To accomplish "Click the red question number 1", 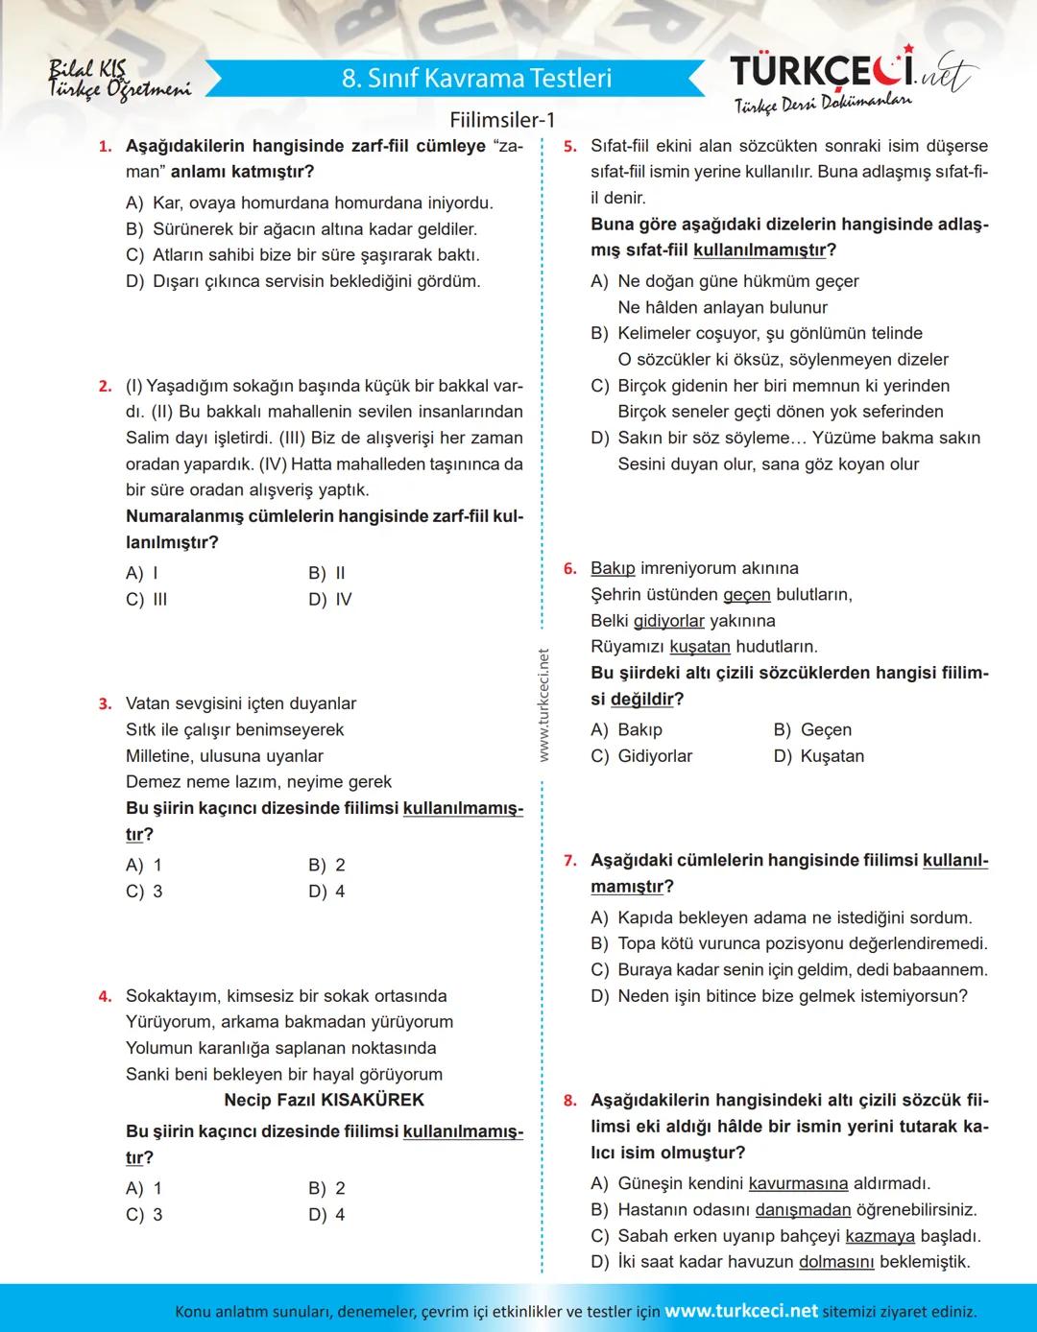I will (105, 147).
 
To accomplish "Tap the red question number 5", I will (569, 147).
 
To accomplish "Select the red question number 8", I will (569, 1101).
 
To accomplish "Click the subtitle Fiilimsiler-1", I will (502, 121).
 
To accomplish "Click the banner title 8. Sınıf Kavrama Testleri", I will (476, 79).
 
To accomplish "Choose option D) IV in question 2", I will (330, 600).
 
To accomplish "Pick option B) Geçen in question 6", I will (812, 730).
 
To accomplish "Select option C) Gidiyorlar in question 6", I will (641, 756).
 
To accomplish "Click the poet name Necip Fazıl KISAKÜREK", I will (324, 1101).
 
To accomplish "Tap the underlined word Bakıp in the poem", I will (613, 569).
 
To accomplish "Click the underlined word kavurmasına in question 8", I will (798, 1184).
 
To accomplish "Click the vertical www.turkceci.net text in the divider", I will (543, 705).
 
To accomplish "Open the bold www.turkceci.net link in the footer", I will (740, 1311).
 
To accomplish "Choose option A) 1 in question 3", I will (144, 866).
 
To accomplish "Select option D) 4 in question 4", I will (326, 1215).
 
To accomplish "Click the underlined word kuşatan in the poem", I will (699, 648).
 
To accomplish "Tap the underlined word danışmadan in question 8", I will (803, 1210).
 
